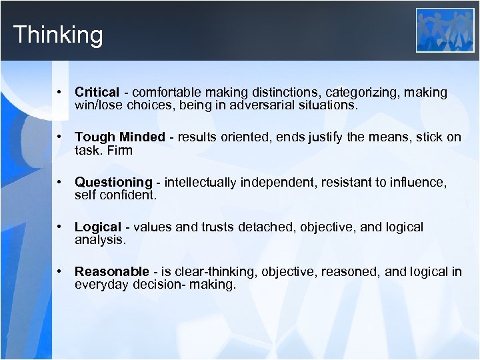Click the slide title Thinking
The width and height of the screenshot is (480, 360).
point(58,34)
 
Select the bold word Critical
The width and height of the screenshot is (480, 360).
point(97,93)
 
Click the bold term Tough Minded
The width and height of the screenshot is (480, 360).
point(119,137)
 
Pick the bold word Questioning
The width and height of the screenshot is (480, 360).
point(113,183)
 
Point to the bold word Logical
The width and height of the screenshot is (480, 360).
point(98,227)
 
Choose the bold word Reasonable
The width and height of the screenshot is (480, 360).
point(112,272)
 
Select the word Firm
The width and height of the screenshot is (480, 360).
point(120,151)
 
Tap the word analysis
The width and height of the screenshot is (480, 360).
point(100,240)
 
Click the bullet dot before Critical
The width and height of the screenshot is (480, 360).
point(59,92)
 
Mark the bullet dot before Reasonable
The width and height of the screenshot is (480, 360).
point(59,271)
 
